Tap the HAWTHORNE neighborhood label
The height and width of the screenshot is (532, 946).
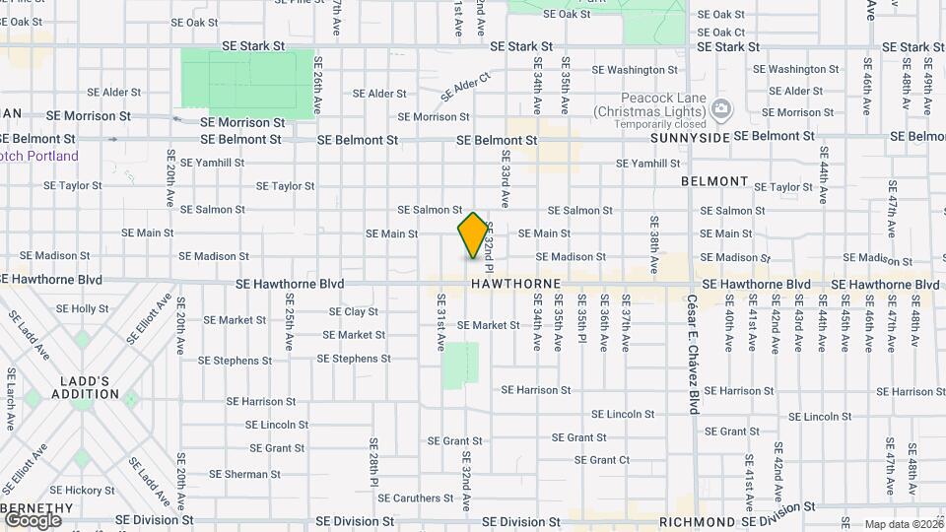tap(515, 284)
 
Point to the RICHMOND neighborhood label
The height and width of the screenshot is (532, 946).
tap(697, 521)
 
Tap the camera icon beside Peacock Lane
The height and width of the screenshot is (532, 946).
tap(721, 107)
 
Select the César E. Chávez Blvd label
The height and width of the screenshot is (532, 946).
tap(694, 353)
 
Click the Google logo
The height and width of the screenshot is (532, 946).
tap(33, 520)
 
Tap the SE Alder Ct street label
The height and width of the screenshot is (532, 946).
tap(465, 87)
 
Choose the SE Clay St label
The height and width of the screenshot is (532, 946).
tap(347, 311)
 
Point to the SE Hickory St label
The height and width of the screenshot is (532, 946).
tap(84, 490)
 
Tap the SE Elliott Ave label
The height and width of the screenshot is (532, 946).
tap(148, 317)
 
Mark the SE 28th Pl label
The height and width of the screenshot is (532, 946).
tap(373, 463)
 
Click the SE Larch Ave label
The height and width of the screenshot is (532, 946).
tap(12, 399)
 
